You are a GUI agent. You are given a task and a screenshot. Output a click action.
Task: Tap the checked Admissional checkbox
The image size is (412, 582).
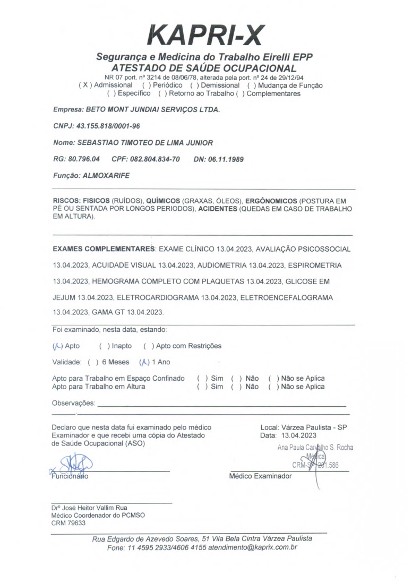tap(83, 85)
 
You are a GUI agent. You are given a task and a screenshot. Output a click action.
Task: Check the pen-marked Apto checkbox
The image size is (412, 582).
tap(57, 346)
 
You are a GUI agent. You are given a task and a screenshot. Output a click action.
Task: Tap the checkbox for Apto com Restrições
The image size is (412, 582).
tap(148, 346)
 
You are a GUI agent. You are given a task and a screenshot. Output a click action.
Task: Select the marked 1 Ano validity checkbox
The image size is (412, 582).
tap(142, 363)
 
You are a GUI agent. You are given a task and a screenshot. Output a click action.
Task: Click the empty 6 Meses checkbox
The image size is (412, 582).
tap(94, 363)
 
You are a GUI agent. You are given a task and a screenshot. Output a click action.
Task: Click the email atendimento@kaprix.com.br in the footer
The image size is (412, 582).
tap(253, 547)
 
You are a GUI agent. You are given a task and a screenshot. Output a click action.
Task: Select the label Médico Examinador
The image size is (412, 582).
tap(260, 476)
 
